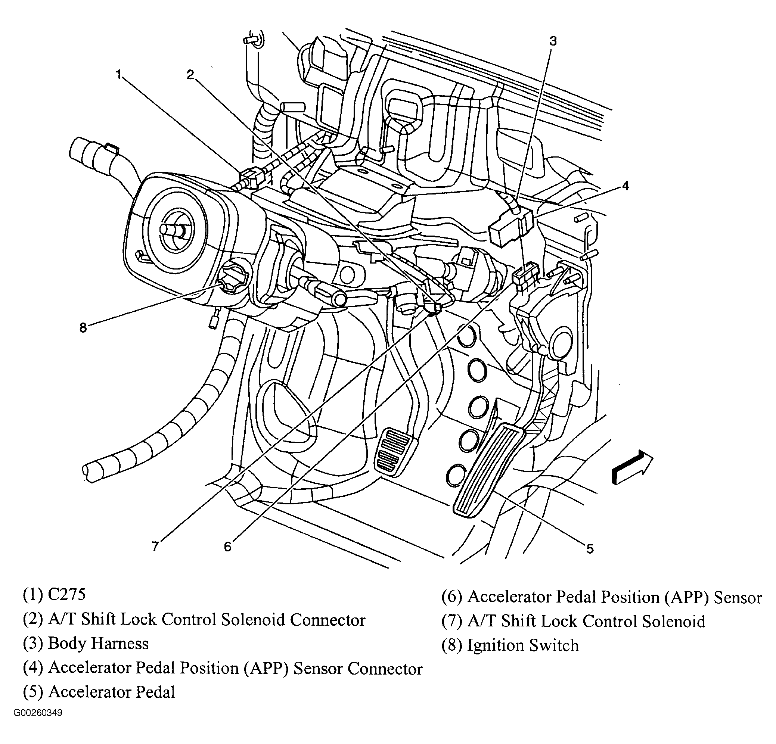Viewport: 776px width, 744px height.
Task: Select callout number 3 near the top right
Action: pyautogui.click(x=553, y=41)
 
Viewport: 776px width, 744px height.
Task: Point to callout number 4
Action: pyautogui.click(x=625, y=186)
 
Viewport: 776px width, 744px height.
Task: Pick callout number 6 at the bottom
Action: pyautogui.click(x=227, y=547)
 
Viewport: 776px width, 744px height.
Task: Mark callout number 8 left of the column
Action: pyautogui.click(x=83, y=328)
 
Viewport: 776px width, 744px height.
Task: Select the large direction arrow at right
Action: pyautogui.click(x=632, y=467)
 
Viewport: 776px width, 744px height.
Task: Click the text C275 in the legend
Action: pyautogui.click(x=66, y=594)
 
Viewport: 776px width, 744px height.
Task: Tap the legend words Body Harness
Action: pyautogui.click(x=98, y=643)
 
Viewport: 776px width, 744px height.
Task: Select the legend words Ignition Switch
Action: pyautogui.click(x=523, y=645)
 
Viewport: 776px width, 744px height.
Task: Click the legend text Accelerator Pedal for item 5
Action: pyautogui.click(x=112, y=692)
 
